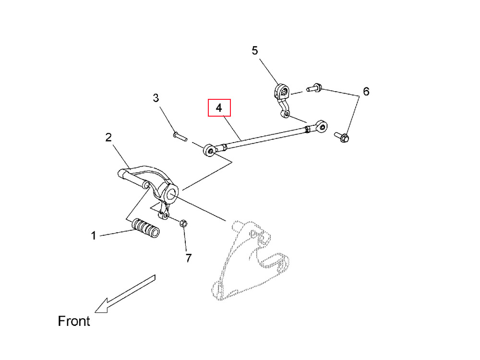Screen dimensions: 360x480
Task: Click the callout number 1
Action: tap(94, 236)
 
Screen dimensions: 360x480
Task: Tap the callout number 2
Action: tap(108, 138)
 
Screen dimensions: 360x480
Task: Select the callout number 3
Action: tap(156, 98)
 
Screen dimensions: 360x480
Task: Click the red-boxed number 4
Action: tap(219, 108)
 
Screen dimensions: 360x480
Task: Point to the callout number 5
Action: tap(255, 50)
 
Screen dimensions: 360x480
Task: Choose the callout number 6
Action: tap(366, 91)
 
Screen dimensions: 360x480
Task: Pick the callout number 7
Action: tap(188, 258)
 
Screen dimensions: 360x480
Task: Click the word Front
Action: tap(74, 321)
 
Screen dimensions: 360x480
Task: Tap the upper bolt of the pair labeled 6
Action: tap(312, 88)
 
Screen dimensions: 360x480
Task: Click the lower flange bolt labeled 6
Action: tap(342, 137)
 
